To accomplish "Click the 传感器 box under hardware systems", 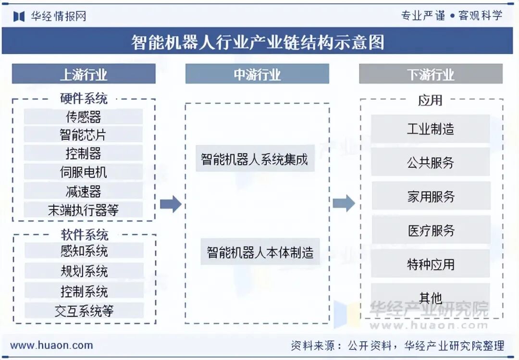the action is pyautogui.click(x=83, y=117).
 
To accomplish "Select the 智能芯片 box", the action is pyautogui.click(x=83, y=135).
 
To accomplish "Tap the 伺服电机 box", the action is pyautogui.click(x=83, y=172).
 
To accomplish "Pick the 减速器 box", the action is pyautogui.click(x=83, y=191).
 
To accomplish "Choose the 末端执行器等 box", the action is pyautogui.click(x=83, y=210).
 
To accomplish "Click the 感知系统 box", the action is pyautogui.click(x=84, y=251).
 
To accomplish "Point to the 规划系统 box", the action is pyautogui.click(x=84, y=271).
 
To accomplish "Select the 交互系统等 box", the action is pyautogui.click(x=84, y=310).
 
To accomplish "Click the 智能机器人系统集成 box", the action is pyautogui.click(x=255, y=159).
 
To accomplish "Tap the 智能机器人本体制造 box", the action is pyautogui.click(x=260, y=252).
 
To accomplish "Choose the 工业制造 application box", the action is pyautogui.click(x=431, y=129).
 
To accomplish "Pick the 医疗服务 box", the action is pyautogui.click(x=431, y=231).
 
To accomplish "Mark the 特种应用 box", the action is pyautogui.click(x=431, y=264).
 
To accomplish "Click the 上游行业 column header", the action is pyautogui.click(x=84, y=74).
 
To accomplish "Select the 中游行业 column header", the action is pyautogui.click(x=257, y=74).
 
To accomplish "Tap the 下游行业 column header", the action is pyautogui.click(x=431, y=74).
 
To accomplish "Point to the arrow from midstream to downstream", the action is pyautogui.click(x=344, y=203).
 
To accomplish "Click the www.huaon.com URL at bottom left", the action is pyautogui.click(x=51, y=345).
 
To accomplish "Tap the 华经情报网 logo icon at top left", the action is pyautogui.click(x=19, y=16).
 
